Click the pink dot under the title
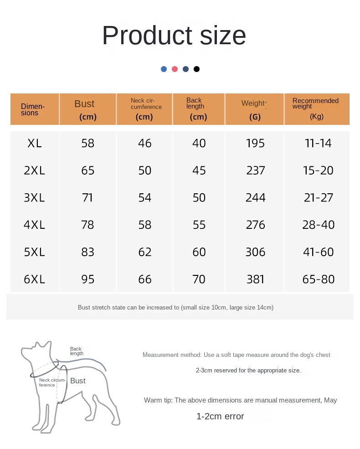(x=175, y=69)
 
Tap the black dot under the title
(x=196, y=69)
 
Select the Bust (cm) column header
(x=87, y=109)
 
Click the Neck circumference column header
(x=145, y=109)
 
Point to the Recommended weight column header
(x=316, y=108)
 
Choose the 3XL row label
(x=35, y=198)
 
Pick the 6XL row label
(x=35, y=279)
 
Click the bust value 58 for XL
(x=87, y=143)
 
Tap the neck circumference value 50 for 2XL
(x=145, y=170)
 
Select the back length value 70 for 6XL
(x=199, y=279)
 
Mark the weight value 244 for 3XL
(x=255, y=198)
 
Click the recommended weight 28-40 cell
(x=319, y=225)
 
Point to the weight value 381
(x=255, y=279)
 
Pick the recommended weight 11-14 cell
(x=319, y=143)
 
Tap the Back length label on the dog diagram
(x=77, y=351)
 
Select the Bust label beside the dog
(x=78, y=381)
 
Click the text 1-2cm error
(x=220, y=416)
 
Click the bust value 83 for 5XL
(x=87, y=252)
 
